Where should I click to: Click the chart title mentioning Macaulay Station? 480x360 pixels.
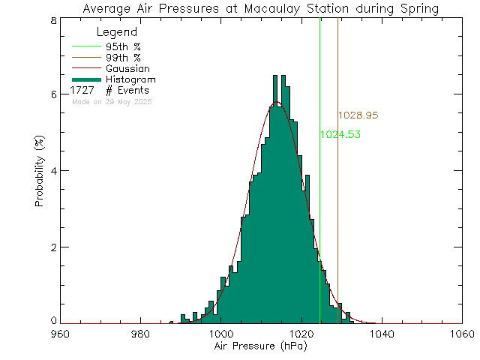261,9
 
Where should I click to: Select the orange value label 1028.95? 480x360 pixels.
358,116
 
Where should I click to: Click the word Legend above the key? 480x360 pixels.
117,33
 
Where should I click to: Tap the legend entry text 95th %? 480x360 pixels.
123,46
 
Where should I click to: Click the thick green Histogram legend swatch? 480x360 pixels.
85,79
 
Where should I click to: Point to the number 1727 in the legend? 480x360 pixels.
82,90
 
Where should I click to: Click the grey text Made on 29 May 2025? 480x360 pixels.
112,101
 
